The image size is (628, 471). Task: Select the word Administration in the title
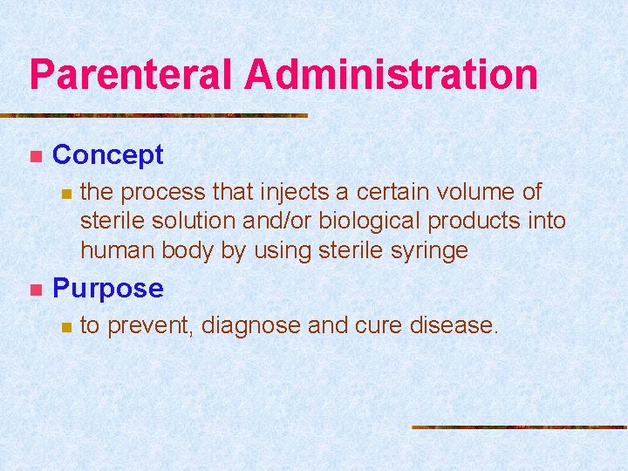[391, 74]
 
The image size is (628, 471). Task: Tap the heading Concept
[108, 155]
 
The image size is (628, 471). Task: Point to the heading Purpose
[108, 288]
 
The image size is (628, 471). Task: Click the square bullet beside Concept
[35, 157]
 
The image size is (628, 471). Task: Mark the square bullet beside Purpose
[35, 290]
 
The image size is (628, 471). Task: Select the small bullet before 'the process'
[64, 193]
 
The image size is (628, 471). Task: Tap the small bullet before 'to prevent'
[64, 327]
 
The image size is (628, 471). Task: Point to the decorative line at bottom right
[519, 427]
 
